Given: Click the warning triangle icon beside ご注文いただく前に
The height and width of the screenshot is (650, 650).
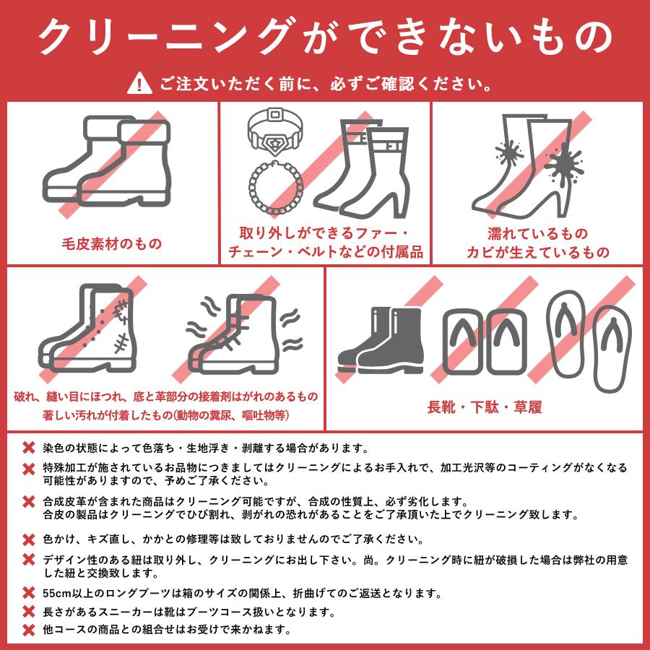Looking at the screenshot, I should point(136,84).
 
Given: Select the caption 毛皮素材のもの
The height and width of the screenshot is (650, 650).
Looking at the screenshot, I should point(110,243).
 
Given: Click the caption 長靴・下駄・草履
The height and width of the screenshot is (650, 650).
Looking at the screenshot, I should point(485,407).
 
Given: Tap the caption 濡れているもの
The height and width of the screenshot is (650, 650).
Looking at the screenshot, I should point(537,234).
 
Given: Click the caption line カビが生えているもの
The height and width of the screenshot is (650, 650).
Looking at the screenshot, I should point(537,253).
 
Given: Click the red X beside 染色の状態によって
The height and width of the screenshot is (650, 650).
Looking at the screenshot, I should point(28,448).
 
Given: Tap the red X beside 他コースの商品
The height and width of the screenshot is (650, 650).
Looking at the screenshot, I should point(28,630).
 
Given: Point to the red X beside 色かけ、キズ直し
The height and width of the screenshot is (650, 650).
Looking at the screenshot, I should point(28,539).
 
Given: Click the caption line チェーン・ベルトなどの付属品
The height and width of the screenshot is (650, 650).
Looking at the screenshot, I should point(325,253).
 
